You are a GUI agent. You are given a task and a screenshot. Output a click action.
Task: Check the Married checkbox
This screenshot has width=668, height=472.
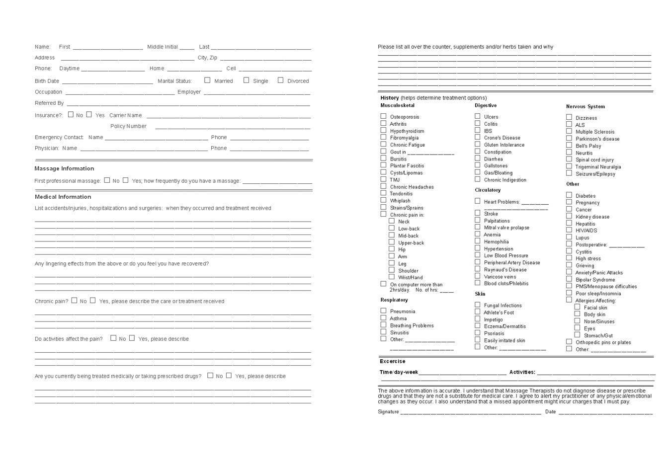tap(207, 80)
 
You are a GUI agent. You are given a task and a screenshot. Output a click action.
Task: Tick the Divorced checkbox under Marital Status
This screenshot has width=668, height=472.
tap(280, 80)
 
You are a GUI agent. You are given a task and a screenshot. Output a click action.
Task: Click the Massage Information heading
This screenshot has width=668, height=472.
tap(64, 168)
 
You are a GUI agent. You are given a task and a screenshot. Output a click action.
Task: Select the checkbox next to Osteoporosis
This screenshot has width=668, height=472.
tap(383, 116)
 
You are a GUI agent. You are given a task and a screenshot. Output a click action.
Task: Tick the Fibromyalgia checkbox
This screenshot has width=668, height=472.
tap(383, 137)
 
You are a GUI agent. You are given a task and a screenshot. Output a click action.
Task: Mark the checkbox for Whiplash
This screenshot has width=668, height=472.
tap(383, 200)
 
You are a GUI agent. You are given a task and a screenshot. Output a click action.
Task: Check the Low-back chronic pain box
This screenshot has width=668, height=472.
tap(392, 228)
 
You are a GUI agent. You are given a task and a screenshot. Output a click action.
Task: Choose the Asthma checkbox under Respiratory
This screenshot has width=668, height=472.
tap(383, 318)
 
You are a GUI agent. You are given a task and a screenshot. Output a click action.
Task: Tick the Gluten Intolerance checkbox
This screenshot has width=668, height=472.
tap(477, 144)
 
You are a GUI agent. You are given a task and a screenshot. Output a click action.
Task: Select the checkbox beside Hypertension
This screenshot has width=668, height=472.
tap(477, 248)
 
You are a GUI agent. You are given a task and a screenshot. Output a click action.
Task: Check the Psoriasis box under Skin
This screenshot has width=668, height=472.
tap(477, 333)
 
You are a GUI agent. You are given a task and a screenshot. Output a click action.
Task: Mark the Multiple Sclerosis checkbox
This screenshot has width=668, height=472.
tap(569, 131)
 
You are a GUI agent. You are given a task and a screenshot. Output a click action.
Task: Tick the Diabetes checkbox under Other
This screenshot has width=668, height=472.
tap(569, 195)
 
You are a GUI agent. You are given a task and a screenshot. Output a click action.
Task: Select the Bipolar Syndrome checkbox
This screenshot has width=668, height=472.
tap(569, 279)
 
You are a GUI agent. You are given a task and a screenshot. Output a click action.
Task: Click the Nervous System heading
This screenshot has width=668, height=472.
tap(585, 106)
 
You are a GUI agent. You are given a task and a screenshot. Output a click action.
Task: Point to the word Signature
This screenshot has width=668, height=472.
tap(388, 412)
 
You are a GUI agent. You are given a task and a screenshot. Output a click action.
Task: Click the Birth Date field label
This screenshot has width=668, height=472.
tap(47, 81)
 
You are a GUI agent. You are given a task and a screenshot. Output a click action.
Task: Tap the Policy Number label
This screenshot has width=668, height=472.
tap(128, 126)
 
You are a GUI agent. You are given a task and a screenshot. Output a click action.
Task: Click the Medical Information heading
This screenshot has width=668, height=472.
tap(63, 197)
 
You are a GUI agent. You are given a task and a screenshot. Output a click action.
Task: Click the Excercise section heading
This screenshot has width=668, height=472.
tap(392, 361)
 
